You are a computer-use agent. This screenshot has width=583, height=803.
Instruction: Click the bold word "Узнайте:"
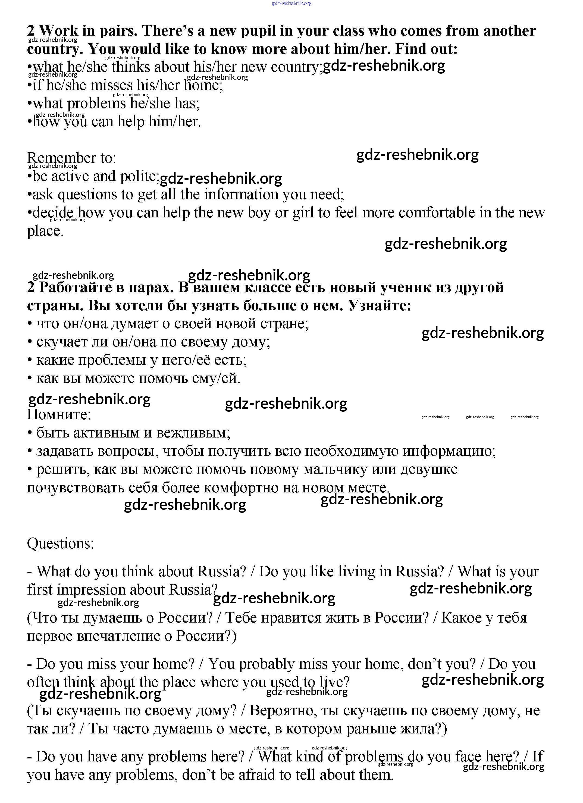(380, 305)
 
